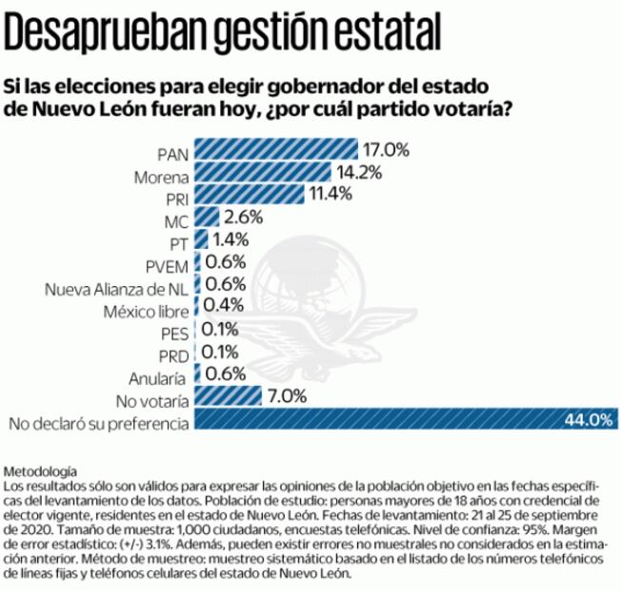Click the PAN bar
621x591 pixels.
point(276,151)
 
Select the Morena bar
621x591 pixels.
point(263,173)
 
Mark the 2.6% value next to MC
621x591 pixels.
point(244,218)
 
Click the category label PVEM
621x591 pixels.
point(168,266)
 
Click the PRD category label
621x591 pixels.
point(172,356)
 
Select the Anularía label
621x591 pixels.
point(164,377)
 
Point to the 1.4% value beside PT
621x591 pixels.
point(230,241)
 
